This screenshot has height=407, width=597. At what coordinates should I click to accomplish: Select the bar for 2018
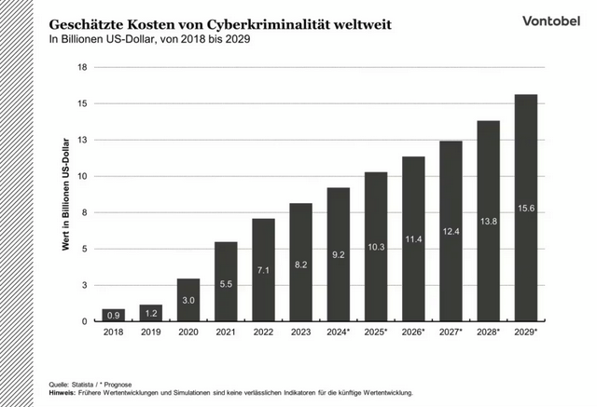coord(113,315)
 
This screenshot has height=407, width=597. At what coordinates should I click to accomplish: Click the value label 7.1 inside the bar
coord(263,270)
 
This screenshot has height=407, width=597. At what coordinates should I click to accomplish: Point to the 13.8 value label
coord(488,221)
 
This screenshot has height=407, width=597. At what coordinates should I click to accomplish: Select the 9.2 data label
coord(339,253)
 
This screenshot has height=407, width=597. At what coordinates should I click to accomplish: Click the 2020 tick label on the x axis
coord(188,332)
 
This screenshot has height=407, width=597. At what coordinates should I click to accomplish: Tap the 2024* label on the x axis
coord(339,332)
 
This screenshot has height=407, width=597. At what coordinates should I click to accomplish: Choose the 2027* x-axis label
coord(451,332)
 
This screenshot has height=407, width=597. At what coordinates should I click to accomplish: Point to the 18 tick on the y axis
coord(83,67)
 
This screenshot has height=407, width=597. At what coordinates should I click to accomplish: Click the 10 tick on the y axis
coord(83,176)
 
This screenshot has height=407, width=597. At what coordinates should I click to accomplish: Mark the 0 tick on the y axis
coord(85,321)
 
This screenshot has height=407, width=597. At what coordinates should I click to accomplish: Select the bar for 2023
coord(300,262)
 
